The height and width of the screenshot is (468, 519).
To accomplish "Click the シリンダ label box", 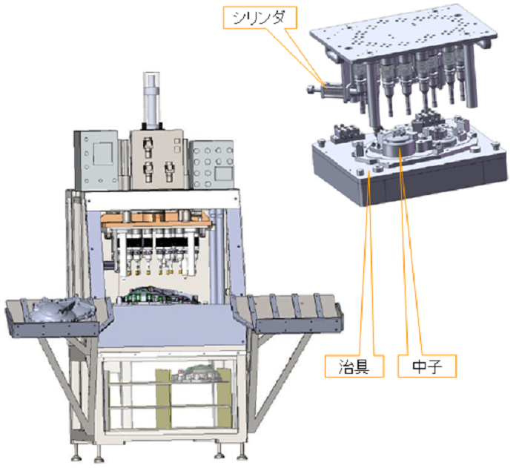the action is coord(259,18).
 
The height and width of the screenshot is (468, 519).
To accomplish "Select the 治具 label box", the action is coord(354,366).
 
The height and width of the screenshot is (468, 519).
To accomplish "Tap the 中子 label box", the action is coord(427,366).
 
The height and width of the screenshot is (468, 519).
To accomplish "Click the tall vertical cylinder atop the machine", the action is coord(151,99).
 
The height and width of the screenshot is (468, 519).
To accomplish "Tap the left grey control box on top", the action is coord(96,160).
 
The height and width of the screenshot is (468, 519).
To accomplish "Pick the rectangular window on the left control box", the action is coord(103,154).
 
